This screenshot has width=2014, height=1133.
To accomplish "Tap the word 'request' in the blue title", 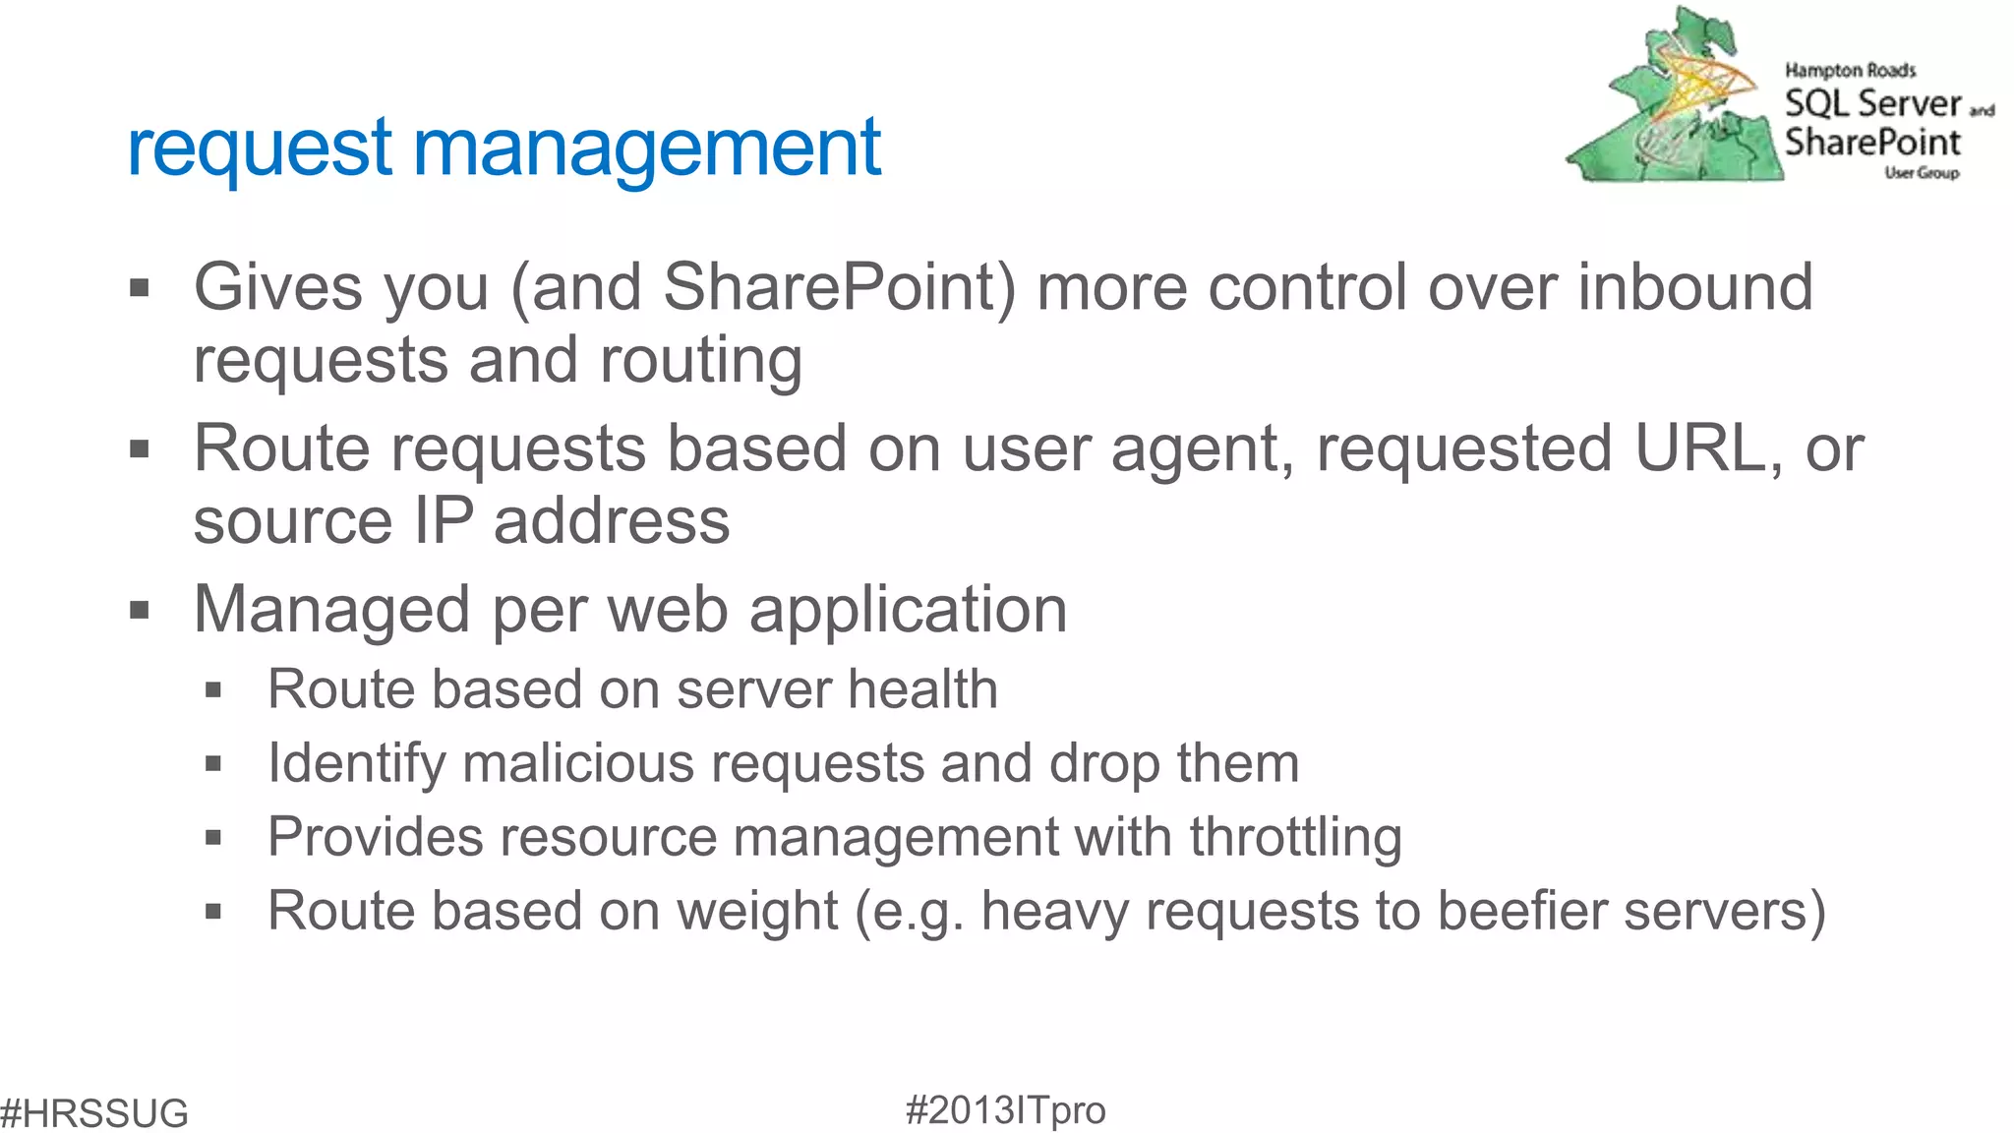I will coord(260,149).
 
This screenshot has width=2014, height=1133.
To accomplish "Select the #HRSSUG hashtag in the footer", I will coord(94,1112).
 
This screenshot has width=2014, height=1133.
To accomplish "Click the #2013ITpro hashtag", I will coord(1005,1109).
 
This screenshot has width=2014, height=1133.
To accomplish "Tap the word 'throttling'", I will coord(1295,837).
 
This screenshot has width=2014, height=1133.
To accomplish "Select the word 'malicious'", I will coord(578,763).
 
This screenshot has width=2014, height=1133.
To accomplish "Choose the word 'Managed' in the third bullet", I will coord(331,610).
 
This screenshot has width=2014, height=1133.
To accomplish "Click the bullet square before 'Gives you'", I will coord(140,288).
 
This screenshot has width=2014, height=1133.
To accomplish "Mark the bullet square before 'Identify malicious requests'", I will coord(213,763).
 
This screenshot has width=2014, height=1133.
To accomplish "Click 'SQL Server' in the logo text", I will coord(1872,103).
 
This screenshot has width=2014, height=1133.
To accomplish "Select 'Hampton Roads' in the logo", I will coord(1850,71).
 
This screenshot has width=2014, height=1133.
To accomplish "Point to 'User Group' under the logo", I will coord(1922,173).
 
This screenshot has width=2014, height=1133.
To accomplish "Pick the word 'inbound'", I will coord(1695,287).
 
